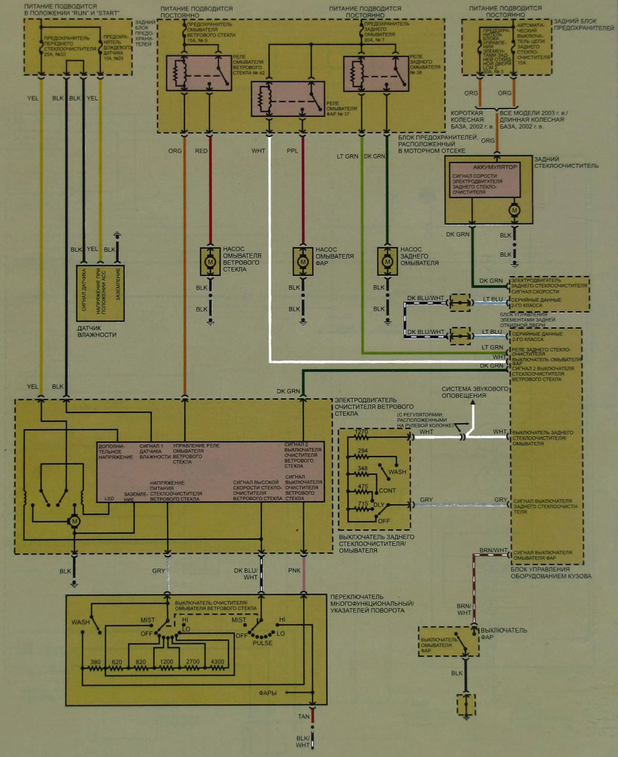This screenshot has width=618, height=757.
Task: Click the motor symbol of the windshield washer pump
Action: [210, 262]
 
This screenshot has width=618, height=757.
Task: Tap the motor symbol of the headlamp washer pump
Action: [303, 262]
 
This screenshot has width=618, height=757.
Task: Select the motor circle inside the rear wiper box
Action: [514, 210]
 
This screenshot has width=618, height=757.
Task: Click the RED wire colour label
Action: [201, 151]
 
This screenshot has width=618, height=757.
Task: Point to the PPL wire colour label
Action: [293, 151]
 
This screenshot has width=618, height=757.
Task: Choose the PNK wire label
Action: [294, 571]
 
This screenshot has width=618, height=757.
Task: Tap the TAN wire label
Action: [304, 716]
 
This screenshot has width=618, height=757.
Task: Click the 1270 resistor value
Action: [362, 432]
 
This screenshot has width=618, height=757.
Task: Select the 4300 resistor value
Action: [217, 662]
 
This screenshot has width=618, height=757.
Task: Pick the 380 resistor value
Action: [95, 662]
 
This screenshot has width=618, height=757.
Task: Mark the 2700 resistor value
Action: [193, 662]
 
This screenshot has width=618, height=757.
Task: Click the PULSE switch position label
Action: [262, 643]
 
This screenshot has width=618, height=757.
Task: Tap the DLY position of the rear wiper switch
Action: [379, 505]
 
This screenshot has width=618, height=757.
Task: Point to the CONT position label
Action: [387, 490]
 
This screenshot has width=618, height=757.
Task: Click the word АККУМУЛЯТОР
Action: [494, 167]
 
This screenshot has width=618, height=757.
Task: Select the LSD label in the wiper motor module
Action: [109, 498]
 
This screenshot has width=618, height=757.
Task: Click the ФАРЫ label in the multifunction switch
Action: [268, 693]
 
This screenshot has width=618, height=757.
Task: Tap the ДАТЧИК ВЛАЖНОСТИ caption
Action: [97, 331]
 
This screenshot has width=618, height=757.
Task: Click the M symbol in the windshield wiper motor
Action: [75, 521]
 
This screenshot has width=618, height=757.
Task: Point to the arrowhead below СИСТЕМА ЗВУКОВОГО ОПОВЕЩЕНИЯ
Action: [473, 403]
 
